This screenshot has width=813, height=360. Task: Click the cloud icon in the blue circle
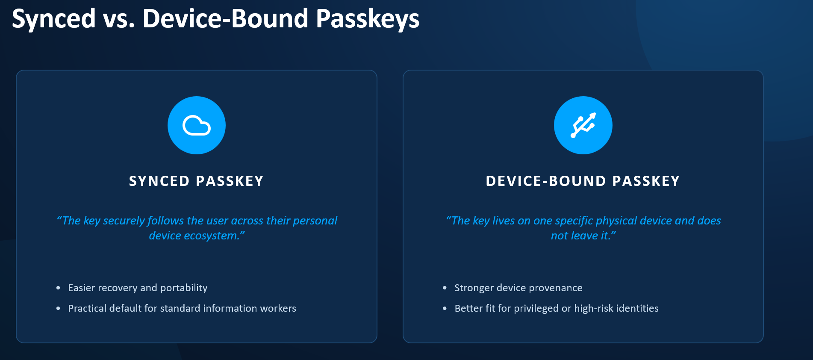(197, 125)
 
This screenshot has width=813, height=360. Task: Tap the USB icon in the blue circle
(583, 125)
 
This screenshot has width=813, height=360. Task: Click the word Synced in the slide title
(54, 19)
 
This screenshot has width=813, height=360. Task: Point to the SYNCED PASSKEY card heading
(196, 181)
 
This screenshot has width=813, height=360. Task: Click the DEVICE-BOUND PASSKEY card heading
(583, 181)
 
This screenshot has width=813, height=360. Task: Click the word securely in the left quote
(124, 221)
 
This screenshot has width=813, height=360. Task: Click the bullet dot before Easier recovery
(58, 288)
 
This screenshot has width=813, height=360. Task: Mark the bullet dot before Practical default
(58, 309)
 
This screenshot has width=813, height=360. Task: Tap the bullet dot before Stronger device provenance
(445, 288)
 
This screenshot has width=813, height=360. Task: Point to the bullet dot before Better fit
(445, 309)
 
